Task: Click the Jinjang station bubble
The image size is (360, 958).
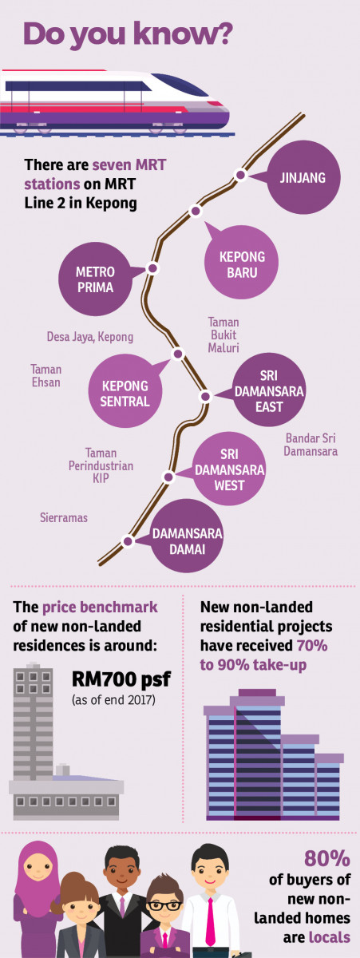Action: pos(303,177)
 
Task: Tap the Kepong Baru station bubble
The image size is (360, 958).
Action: pos(241,262)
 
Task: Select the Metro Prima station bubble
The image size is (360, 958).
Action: pos(95,279)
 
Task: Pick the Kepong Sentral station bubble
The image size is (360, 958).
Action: pos(125,390)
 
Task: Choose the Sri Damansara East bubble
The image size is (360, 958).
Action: pos(269,390)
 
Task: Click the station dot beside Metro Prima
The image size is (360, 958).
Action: pos(152,268)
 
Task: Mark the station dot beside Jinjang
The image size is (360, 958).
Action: pos(241,175)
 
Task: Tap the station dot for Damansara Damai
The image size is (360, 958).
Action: pos(127,541)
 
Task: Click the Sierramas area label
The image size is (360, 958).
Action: pos(64,518)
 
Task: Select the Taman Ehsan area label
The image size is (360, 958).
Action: pos(46,375)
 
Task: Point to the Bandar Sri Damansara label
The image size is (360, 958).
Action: pos(311,445)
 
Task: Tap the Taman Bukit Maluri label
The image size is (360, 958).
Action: pos(224,335)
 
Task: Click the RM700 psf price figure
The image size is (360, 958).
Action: pos(121,679)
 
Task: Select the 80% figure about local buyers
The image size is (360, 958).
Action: pos(327,858)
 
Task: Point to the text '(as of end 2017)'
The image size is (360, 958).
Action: pos(113,700)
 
